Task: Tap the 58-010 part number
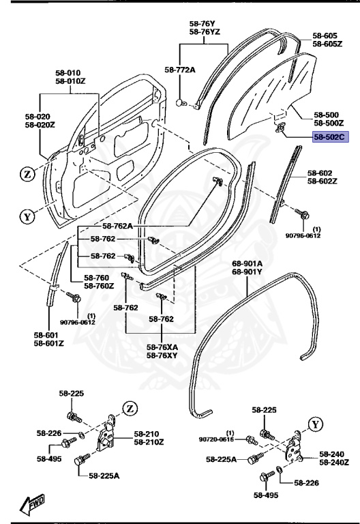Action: point(68,72)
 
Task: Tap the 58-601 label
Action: point(48,335)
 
